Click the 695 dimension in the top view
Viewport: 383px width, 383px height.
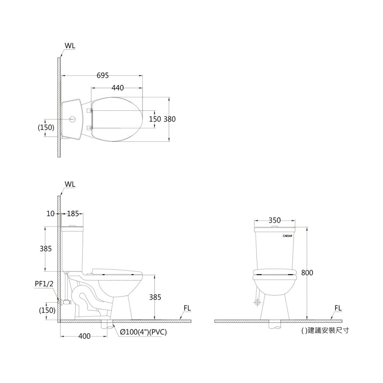[103, 75]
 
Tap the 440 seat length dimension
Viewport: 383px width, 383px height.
[118, 88]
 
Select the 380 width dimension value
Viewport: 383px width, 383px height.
[170, 119]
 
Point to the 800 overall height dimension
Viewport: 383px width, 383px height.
[307, 273]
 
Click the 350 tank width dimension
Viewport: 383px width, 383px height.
[275, 220]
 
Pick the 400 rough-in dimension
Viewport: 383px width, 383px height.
[84, 336]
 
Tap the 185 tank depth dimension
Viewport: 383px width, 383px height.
[73, 214]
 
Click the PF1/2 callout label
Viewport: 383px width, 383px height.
[44, 284]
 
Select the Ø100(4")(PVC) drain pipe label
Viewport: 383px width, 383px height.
[143, 332]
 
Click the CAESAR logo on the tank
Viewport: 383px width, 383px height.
[288, 236]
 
